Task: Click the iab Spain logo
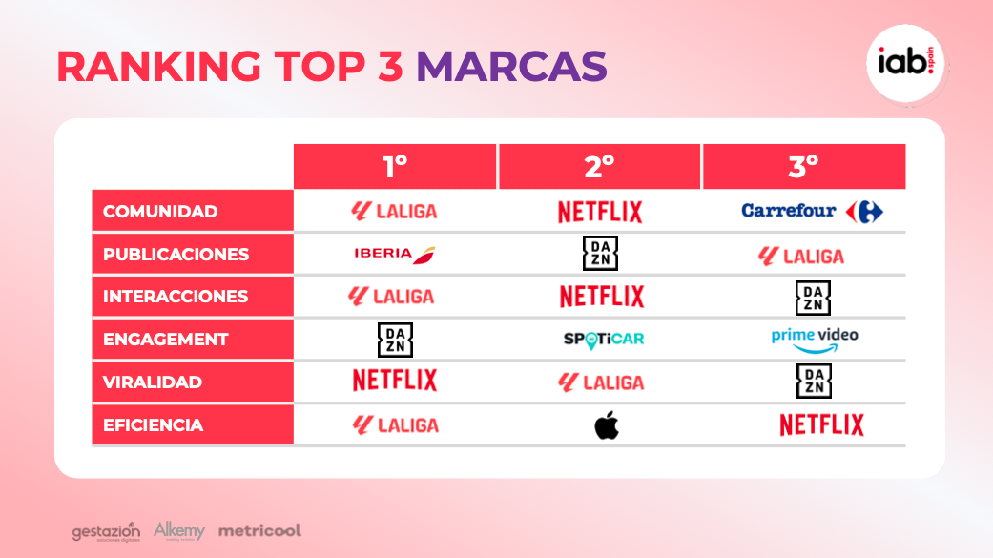(905, 63)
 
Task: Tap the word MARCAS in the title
(511, 66)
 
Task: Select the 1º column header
(395, 167)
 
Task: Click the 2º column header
(599, 167)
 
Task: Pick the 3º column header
(803, 167)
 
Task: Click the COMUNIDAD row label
(160, 211)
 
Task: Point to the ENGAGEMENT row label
(165, 340)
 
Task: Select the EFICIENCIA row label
(154, 425)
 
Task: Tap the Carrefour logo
(813, 212)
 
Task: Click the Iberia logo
(395, 255)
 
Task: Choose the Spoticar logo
(604, 340)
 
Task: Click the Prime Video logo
(815, 341)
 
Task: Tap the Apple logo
(607, 425)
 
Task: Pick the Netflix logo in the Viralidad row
(395, 380)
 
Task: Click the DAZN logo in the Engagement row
(395, 340)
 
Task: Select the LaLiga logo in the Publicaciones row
(801, 256)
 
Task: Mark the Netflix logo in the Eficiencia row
(821, 425)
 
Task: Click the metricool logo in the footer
(259, 530)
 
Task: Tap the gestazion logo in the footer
(106, 532)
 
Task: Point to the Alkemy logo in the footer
(179, 530)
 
